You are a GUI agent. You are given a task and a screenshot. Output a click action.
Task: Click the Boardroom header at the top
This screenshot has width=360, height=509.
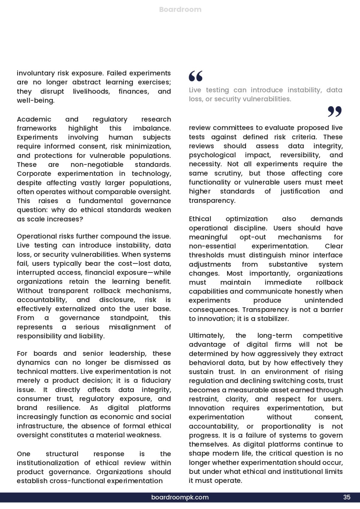[x=180, y=9]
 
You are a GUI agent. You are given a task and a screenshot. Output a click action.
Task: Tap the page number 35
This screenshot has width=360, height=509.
[x=347, y=497]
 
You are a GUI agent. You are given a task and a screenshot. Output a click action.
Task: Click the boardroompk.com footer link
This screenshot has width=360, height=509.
[x=180, y=497]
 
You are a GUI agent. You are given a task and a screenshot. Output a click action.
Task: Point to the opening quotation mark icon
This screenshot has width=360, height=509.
[x=196, y=76]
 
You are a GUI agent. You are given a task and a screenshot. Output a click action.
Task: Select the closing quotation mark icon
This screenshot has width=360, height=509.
[x=334, y=111]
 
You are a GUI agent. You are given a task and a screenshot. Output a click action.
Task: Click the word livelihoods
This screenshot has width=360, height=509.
[x=91, y=91]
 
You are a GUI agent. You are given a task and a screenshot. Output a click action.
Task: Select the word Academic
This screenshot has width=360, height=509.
[x=34, y=119]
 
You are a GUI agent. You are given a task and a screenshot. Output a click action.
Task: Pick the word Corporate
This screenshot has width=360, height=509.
[x=34, y=173]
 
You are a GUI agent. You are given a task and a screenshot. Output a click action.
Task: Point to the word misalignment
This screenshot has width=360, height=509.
[x=132, y=327]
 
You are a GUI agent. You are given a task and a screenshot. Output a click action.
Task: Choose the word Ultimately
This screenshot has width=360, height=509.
[x=207, y=336]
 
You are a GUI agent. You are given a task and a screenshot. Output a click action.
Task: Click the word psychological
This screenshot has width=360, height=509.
[x=212, y=155]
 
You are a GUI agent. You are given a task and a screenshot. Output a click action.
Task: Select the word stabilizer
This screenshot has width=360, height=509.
[x=274, y=319]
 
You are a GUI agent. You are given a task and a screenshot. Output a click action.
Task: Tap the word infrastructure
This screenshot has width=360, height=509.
[x=40, y=426]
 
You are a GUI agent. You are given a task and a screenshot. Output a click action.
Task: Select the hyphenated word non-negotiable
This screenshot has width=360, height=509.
[x=97, y=164]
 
